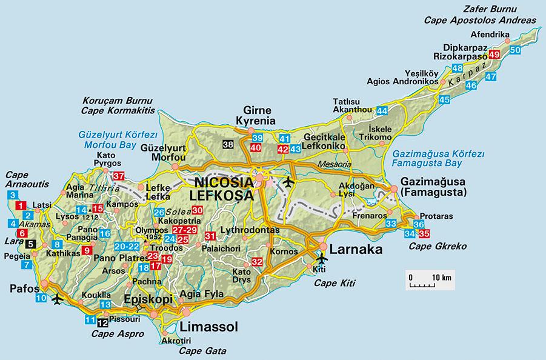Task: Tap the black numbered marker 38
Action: click(228, 144)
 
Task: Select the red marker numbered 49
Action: click(494, 55)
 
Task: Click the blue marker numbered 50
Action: click(515, 50)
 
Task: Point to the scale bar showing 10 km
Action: click(430, 282)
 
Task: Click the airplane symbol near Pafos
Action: click(58, 299)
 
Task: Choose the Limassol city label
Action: click(209, 327)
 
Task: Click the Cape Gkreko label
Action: click(425, 246)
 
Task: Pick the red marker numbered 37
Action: click(119, 176)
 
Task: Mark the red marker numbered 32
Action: click(256, 262)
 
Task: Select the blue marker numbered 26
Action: click(159, 213)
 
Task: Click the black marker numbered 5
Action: click(32, 244)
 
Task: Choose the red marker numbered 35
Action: click(424, 233)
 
